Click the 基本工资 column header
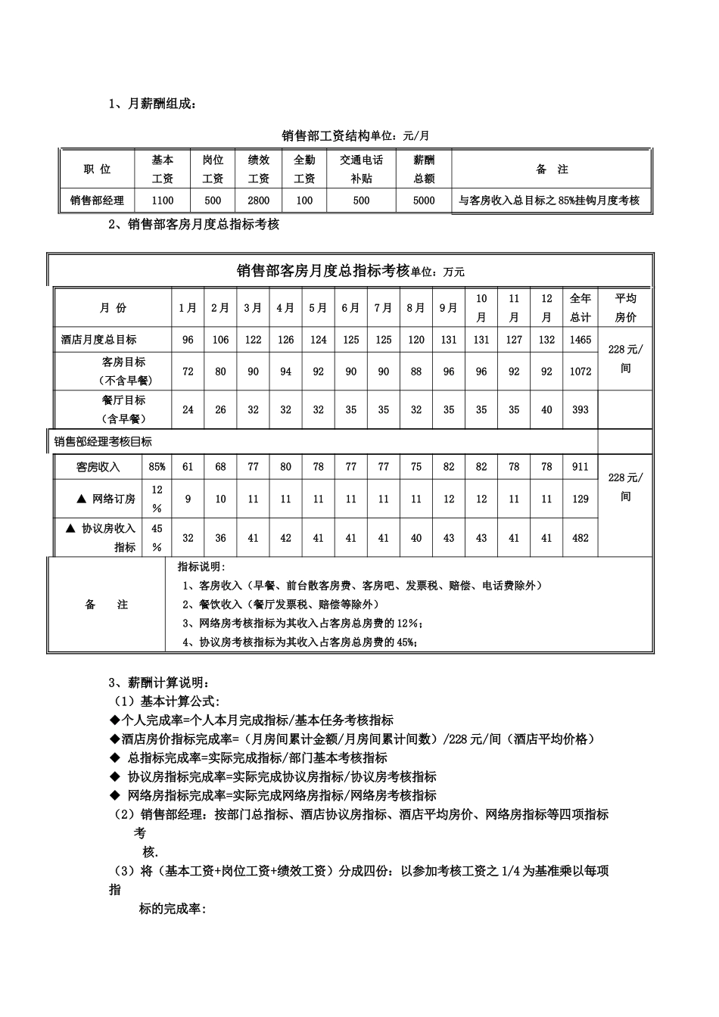click(x=163, y=169)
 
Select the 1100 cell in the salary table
click(x=163, y=201)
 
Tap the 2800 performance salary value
click(x=259, y=201)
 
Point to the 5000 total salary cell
click(x=424, y=201)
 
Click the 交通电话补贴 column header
click(x=361, y=169)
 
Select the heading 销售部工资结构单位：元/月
click(x=356, y=135)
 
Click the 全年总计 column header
click(x=580, y=307)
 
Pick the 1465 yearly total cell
click(x=580, y=340)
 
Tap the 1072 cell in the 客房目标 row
click(x=580, y=372)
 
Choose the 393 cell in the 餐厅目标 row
click(x=580, y=409)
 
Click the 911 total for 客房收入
click(x=580, y=467)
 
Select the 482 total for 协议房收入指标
click(x=580, y=538)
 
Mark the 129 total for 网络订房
click(x=580, y=499)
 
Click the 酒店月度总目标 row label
click(x=99, y=340)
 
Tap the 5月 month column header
click(x=318, y=307)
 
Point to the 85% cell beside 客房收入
click(x=157, y=467)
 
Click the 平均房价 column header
click(x=626, y=307)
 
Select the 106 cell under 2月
click(x=220, y=340)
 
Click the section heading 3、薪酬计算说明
click(x=157, y=683)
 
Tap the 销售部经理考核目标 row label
click(x=103, y=441)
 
